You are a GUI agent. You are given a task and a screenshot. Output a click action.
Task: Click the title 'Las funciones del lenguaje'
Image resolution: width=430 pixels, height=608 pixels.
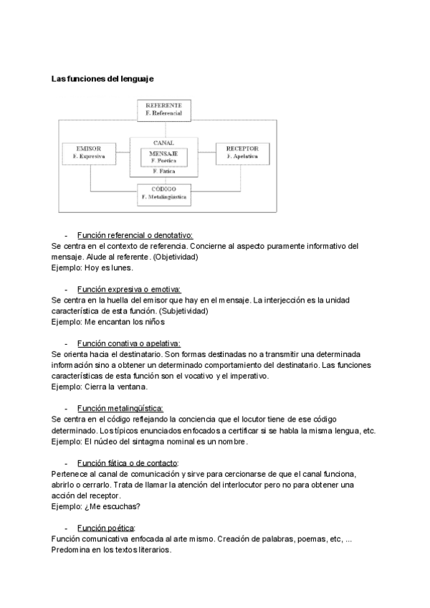[x=102, y=78]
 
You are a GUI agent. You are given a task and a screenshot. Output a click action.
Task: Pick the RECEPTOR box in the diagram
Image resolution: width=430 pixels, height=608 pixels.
[x=237, y=152]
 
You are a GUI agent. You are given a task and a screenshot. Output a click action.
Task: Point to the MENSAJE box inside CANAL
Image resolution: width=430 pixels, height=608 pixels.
[x=163, y=156]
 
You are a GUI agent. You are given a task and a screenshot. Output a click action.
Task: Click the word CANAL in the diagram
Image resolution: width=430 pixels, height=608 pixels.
[x=163, y=142]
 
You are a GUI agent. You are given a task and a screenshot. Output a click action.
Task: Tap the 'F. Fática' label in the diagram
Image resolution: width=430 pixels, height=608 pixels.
[x=163, y=172]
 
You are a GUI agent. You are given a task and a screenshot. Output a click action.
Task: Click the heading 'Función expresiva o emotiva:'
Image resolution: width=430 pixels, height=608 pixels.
[x=129, y=289]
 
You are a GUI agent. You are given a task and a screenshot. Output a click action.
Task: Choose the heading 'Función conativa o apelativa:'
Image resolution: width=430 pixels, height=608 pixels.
[x=129, y=343]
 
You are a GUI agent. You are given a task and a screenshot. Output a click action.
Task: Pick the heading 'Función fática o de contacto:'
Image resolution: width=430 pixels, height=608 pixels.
[x=128, y=462]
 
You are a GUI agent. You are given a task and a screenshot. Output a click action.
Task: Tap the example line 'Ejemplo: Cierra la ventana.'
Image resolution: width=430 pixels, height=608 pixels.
[x=100, y=386]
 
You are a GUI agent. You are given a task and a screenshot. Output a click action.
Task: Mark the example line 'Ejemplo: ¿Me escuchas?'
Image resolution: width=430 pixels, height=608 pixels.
[x=96, y=506]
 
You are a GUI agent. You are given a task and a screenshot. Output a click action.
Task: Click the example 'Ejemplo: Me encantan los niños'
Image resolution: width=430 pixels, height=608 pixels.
[x=103, y=322]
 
